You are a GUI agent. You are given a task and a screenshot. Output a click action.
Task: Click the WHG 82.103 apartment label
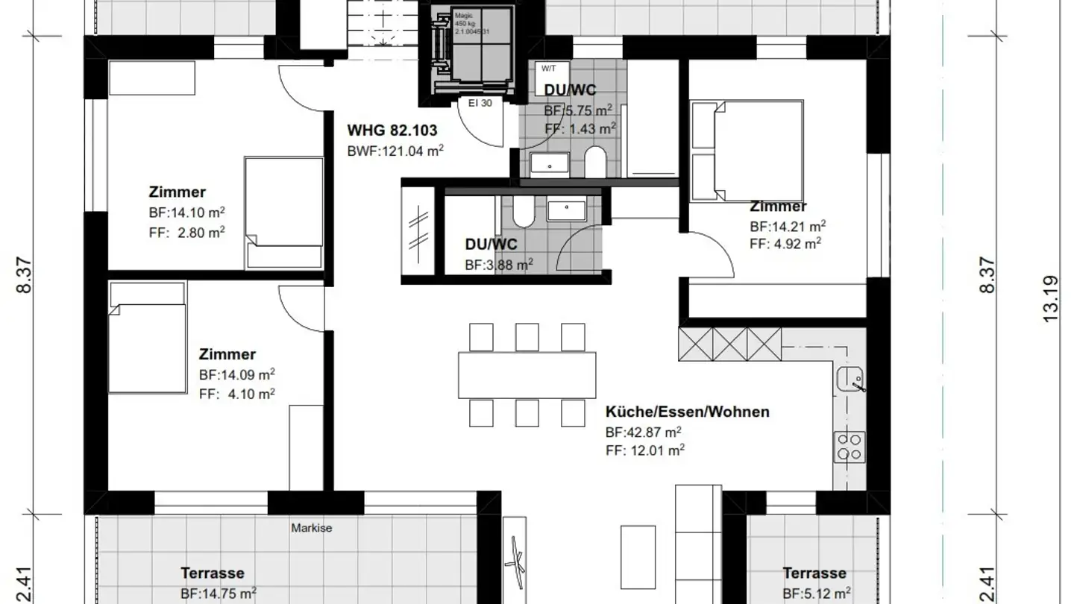(392, 130)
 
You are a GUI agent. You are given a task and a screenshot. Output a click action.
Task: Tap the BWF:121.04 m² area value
(395, 151)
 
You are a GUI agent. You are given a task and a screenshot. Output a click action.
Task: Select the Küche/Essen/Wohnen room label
(687, 412)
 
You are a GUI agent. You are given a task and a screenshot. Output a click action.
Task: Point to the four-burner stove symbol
(850, 447)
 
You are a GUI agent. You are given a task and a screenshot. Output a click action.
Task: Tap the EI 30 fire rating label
(480, 104)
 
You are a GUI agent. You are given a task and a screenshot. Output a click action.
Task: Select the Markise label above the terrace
(311, 528)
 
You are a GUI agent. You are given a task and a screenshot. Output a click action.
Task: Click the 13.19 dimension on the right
(1050, 298)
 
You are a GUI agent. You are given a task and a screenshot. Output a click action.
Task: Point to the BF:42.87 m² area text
(643, 432)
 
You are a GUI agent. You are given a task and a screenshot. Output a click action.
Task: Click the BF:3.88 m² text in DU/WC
(499, 264)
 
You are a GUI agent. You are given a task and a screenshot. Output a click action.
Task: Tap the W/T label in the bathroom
(548, 69)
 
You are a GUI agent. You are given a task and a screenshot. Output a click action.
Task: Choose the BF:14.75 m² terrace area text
(219, 593)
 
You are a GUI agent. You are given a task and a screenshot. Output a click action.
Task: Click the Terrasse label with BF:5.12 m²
(814, 573)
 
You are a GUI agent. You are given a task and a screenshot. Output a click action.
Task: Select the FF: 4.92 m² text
(785, 242)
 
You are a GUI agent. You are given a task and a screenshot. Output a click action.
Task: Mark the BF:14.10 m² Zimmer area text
(186, 212)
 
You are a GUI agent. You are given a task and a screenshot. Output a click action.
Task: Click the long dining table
(527, 375)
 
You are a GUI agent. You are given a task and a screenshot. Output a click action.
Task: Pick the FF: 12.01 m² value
(645, 450)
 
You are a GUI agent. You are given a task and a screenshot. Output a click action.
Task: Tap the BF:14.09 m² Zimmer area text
(236, 374)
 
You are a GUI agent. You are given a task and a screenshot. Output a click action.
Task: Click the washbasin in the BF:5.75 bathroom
(550, 164)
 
